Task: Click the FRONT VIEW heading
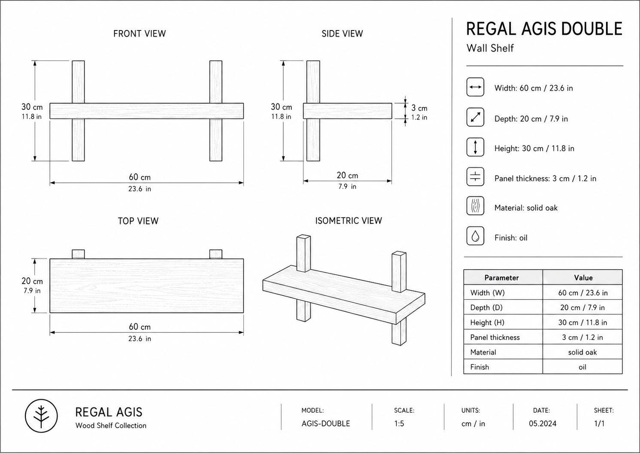click(x=140, y=34)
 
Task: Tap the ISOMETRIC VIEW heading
click(x=349, y=221)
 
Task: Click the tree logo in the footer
click(x=41, y=416)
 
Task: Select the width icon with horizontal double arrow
click(x=475, y=87)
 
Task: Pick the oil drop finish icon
click(x=475, y=236)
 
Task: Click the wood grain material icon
click(x=475, y=206)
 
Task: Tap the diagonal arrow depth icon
click(x=475, y=117)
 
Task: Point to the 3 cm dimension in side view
click(x=419, y=108)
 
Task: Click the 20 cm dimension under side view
click(x=347, y=175)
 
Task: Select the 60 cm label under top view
click(x=140, y=327)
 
